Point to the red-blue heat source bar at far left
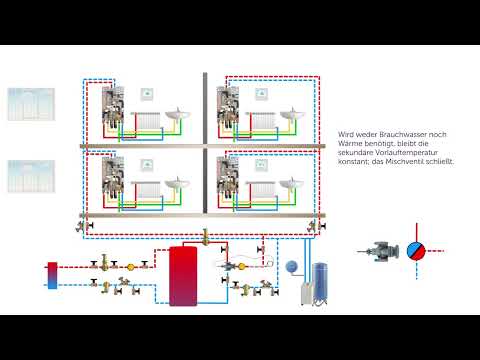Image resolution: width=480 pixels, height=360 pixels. pos(52,274)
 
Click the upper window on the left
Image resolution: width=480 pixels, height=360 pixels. pos(30,103)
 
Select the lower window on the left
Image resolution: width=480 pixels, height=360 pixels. pos(30,176)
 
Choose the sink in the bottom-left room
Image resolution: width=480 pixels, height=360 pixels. pos(175,185)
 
